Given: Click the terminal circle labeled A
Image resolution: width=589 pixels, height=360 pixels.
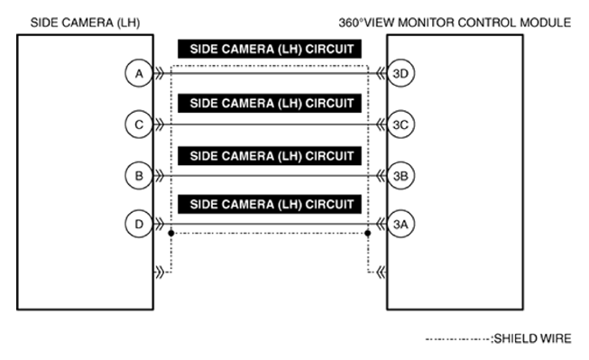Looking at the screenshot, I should [x=137, y=75].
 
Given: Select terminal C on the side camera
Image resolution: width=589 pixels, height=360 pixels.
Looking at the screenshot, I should [x=137, y=125].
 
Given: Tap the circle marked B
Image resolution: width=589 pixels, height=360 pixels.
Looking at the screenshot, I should [x=137, y=176].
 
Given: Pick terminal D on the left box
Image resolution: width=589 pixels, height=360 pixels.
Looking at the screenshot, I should [x=137, y=222].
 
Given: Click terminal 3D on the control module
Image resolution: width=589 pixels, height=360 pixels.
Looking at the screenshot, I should [x=401, y=75].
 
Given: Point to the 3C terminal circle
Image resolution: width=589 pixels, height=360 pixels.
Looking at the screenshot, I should [x=401, y=125].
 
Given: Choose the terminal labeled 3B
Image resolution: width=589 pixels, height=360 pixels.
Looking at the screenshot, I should [x=401, y=176].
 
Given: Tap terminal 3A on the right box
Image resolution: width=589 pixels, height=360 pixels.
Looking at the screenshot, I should [x=401, y=222].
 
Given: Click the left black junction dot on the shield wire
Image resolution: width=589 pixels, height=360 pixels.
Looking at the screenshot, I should [x=170, y=233].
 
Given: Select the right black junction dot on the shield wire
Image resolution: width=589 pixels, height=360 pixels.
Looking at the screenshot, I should [x=368, y=233].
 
